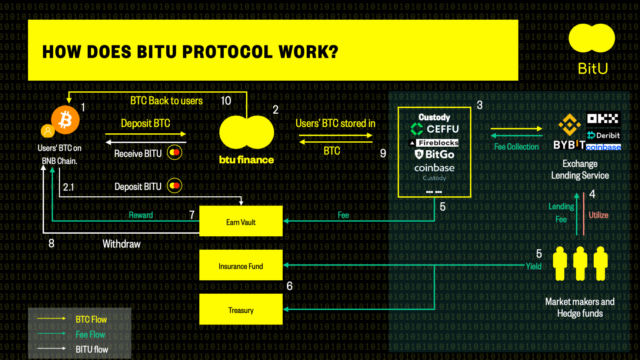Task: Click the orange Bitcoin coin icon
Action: pos(65,120)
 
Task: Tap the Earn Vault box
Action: pos(241,221)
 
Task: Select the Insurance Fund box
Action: pos(241,265)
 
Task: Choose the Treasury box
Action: pos(241,309)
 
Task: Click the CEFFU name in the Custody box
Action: pos(442,129)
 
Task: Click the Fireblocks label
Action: pos(438,143)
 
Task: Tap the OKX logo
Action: pos(603,119)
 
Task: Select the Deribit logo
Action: pos(603,135)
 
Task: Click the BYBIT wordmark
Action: pos(569,145)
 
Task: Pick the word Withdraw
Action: pos(121,244)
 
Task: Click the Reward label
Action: pos(141,215)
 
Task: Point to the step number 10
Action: pos(226,101)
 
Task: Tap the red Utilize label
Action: pos(599,215)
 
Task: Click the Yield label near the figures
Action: pos(534,266)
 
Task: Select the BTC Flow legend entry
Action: pos(91,319)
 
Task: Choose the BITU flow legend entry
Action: pos(92,349)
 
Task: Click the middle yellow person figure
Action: pos(580,263)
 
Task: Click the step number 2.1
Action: pos(69,187)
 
